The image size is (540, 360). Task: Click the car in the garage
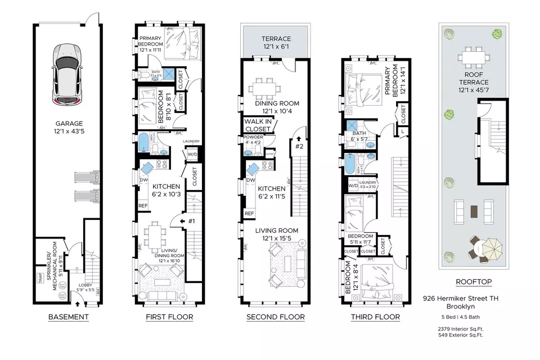click(67, 75)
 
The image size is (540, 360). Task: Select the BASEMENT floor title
click(67, 317)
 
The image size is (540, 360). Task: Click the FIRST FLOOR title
click(169, 317)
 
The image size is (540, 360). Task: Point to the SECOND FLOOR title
click(276, 317)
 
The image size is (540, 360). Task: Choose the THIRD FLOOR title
click(375, 317)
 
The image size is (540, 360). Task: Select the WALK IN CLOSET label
click(257, 125)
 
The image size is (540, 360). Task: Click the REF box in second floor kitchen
click(249, 213)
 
